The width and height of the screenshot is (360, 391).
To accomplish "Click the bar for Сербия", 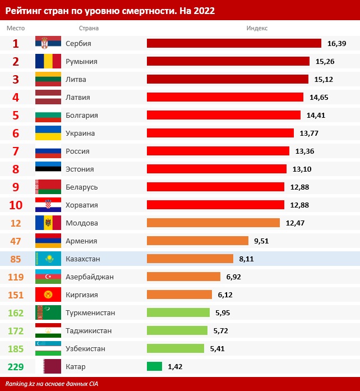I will (234, 43).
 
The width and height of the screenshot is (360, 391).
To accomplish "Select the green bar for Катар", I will (154, 366).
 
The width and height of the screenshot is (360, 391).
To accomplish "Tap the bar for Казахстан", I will (190, 259).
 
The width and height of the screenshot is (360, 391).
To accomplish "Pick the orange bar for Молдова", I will (213, 223).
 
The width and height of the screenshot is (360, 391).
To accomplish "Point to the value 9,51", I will (262, 241).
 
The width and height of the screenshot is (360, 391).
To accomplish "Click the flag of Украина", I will (48, 133).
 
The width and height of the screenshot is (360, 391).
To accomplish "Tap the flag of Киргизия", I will (48, 295).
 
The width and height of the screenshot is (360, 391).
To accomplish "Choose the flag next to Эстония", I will (48, 169).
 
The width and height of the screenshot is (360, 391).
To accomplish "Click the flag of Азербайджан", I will (48, 277).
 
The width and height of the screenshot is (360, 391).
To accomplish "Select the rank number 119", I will (16, 277).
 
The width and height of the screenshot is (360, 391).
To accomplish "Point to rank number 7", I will (16, 151).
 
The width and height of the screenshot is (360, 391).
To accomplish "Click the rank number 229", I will (16, 366).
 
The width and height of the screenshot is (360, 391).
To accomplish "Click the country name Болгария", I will (82, 115).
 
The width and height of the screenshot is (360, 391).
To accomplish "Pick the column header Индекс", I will (257, 28).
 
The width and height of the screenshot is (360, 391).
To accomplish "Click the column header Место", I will (16, 28).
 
